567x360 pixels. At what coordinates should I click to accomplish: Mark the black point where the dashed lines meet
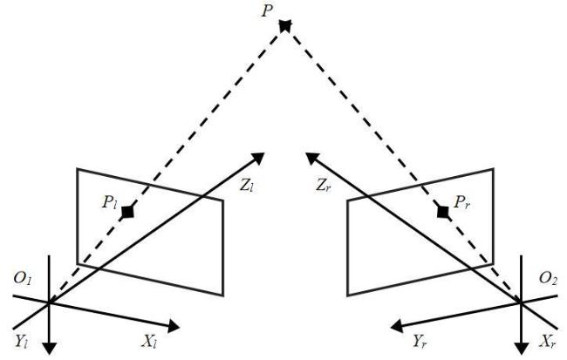285,25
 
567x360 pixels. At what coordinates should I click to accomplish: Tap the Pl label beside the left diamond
109,202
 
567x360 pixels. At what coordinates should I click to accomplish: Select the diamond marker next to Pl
127,212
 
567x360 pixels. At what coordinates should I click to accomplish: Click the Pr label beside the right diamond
462,202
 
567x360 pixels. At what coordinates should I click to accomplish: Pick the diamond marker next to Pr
443,212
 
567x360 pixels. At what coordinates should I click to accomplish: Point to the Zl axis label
248,186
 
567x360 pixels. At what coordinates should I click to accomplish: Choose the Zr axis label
324,186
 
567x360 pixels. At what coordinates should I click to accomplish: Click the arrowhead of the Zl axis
258,159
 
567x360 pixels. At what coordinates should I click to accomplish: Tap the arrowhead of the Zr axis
312,159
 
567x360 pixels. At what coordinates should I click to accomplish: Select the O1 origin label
24,278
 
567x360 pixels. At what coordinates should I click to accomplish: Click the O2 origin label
548,278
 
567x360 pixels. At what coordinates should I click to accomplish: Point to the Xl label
149,341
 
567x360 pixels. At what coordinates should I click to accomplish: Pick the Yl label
21,341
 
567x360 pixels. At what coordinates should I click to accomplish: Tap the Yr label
420,341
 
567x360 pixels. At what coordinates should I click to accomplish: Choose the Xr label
547,341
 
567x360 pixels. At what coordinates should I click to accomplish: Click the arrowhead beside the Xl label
174,327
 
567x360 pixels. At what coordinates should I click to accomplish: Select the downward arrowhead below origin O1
49,349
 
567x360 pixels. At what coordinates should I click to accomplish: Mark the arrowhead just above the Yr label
398,326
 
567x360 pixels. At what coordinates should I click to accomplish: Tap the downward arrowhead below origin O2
521,349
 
